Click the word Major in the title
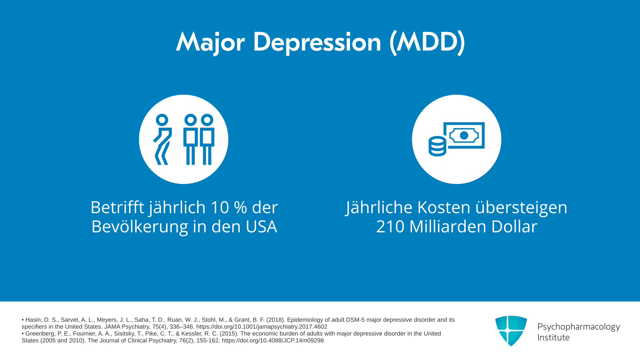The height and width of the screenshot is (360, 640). coord(210,42)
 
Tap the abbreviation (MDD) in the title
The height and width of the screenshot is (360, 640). coord(427,42)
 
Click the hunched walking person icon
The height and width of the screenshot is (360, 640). coord(163,139)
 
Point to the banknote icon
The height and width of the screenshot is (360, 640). coord(464,135)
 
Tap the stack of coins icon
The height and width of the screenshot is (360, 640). coord(437,146)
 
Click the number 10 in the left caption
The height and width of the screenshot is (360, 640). coord(220,207)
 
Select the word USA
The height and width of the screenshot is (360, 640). coord(261,227)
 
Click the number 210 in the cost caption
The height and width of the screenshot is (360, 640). coord(390,227)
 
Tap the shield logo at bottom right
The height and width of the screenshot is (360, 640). coord(511,331)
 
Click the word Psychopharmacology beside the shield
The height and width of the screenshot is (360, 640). coord(579,327)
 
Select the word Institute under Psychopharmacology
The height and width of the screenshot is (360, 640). coord(553,338)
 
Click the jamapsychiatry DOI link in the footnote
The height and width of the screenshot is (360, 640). coord(262,327)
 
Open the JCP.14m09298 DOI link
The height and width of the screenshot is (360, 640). coord(273,341)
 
